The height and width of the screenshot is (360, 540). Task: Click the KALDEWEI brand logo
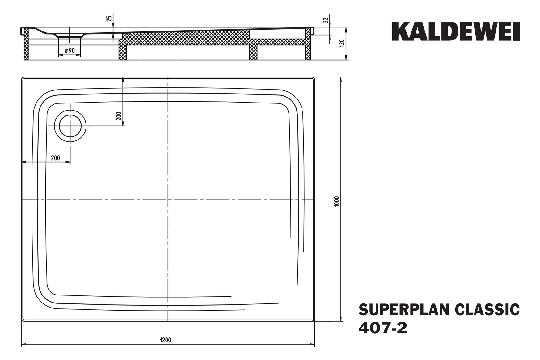(456, 31)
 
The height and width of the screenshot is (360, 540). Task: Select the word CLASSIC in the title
(487, 310)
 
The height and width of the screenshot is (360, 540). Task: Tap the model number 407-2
(383, 328)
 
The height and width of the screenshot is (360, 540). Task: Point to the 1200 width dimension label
(166, 340)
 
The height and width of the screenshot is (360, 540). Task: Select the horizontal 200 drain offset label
(55, 158)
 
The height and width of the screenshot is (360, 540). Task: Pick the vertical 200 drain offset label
(119, 116)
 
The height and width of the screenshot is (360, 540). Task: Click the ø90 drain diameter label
(70, 51)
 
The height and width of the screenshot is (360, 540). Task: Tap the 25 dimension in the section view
(109, 19)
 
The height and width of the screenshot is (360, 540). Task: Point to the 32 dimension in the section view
(325, 20)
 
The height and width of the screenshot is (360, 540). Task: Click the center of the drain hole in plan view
(70, 126)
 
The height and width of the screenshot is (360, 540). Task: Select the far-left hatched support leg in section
(26, 44)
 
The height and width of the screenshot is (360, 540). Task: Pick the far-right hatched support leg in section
(308, 44)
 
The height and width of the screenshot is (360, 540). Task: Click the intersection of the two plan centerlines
(168, 199)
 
